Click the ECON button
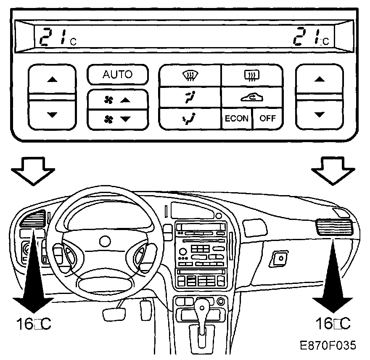pyautogui.click(x=236, y=118)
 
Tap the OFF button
pyautogui.click(x=267, y=118)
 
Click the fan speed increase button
pyautogui.click(x=118, y=100)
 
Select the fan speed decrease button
pyautogui.click(x=118, y=119)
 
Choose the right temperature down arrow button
pyautogui.click(x=320, y=114)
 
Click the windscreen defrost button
pyautogui.click(x=190, y=76)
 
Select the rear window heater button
pyautogui.click(x=252, y=76)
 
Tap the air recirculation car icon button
pyautogui.click(x=252, y=97)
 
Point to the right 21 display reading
pyautogui.click(x=309, y=37)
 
